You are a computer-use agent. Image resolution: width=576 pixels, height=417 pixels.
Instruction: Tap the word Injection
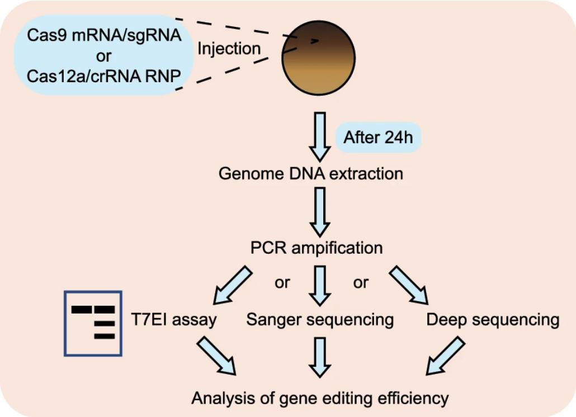[229, 49]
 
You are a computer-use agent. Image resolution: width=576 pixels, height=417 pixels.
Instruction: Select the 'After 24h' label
[378, 138]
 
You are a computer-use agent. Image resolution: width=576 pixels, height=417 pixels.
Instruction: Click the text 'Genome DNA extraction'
[310, 173]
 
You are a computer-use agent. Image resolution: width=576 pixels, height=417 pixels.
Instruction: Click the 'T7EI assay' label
[174, 320]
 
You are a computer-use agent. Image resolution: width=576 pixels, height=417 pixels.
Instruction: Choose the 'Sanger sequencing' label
[320, 320]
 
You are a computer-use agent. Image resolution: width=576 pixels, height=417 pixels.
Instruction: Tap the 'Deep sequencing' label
[492, 320]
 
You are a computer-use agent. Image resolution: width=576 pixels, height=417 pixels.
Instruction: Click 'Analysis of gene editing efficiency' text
[320, 398]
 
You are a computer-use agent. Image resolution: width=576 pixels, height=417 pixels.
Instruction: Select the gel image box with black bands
[93, 323]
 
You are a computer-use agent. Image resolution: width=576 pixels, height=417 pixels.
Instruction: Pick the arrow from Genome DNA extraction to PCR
[320, 211]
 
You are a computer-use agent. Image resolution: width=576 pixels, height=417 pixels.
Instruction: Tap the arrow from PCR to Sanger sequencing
[320, 285]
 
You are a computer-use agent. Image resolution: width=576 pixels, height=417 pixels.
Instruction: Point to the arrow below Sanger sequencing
[320, 357]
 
